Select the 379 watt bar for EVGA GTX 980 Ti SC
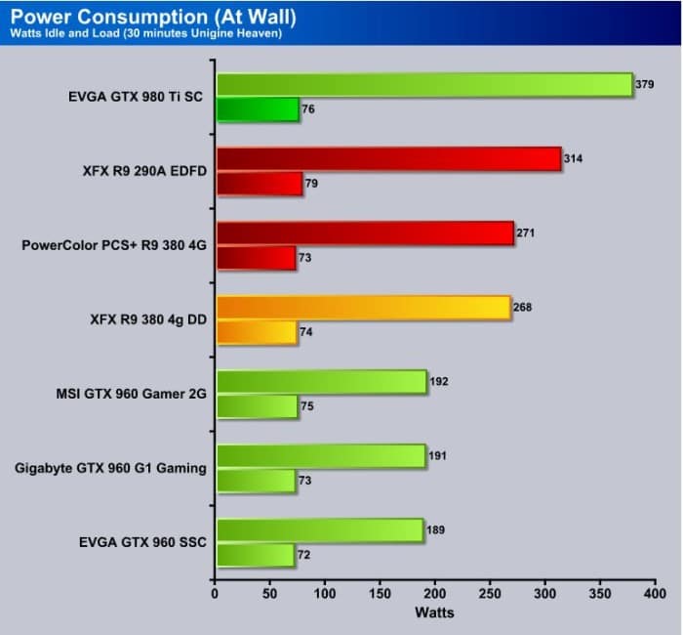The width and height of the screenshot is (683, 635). (x=424, y=85)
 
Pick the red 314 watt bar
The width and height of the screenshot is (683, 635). (x=388, y=159)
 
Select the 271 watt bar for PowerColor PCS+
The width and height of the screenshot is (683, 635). (x=365, y=233)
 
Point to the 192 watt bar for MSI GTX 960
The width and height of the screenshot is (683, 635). (x=321, y=382)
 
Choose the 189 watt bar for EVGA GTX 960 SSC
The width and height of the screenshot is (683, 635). (x=319, y=530)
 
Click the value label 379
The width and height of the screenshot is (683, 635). (x=645, y=84)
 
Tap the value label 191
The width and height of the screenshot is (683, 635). (x=438, y=455)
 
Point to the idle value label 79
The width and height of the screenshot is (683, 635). (x=311, y=183)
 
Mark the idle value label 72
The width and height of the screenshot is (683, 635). (x=305, y=555)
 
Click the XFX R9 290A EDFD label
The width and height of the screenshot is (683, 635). (x=144, y=171)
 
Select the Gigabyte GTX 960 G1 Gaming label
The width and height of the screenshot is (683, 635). (x=111, y=468)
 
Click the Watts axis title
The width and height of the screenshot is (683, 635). (x=434, y=614)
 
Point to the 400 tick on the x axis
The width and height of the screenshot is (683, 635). (x=655, y=593)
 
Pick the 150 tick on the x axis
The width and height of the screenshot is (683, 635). (x=381, y=593)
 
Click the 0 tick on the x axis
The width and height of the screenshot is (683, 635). (x=216, y=593)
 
